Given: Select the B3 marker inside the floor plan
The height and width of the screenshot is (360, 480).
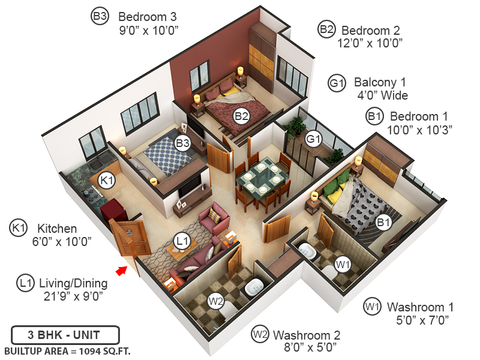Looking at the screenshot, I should click(x=182, y=143).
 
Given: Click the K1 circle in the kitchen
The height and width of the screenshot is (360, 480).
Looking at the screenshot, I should click(x=107, y=179).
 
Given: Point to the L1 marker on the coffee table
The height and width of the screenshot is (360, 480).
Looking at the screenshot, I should click(x=182, y=241).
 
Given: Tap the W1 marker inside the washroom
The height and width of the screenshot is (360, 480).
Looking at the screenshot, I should click(x=343, y=263).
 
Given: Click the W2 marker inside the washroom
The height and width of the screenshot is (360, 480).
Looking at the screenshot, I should click(x=217, y=299).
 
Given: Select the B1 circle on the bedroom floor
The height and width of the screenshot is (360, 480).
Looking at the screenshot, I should click(x=383, y=223).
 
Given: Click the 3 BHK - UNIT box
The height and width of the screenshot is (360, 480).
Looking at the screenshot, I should click(x=65, y=335).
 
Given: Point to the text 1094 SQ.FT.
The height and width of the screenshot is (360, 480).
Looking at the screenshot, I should click(x=101, y=350).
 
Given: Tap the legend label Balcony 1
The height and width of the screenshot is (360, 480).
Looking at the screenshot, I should click(x=380, y=82).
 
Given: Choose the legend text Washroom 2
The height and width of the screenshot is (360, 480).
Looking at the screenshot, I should click(x=307, y=334).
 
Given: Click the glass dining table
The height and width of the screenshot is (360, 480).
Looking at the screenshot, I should click(x=261, y=179).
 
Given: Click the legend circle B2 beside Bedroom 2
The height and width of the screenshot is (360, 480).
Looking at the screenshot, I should click(x=326, y=28).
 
